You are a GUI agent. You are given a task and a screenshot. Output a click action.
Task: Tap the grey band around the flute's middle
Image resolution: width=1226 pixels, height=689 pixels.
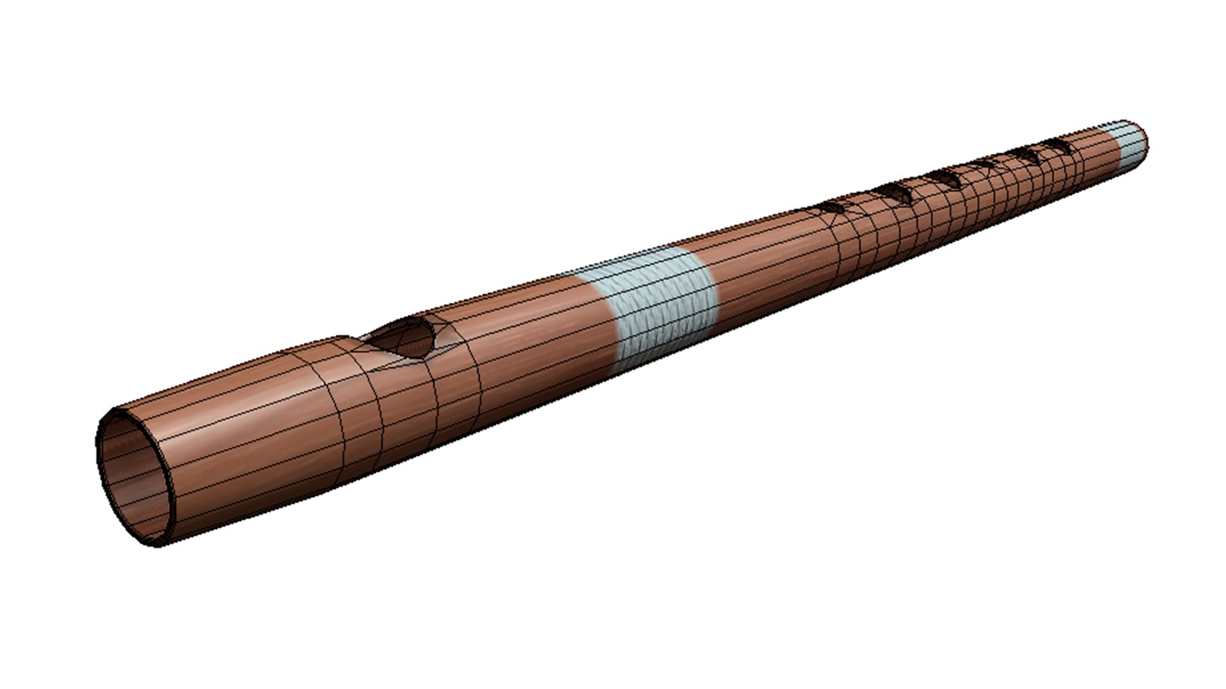pos(661,306)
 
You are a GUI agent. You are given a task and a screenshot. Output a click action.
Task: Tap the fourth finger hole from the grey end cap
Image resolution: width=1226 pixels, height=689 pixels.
pos(944,179)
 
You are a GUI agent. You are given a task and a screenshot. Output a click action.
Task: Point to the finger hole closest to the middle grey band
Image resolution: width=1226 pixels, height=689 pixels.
pos(833,207)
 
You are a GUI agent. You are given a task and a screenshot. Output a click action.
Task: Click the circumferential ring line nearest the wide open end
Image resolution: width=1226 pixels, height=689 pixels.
pos(338,408)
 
